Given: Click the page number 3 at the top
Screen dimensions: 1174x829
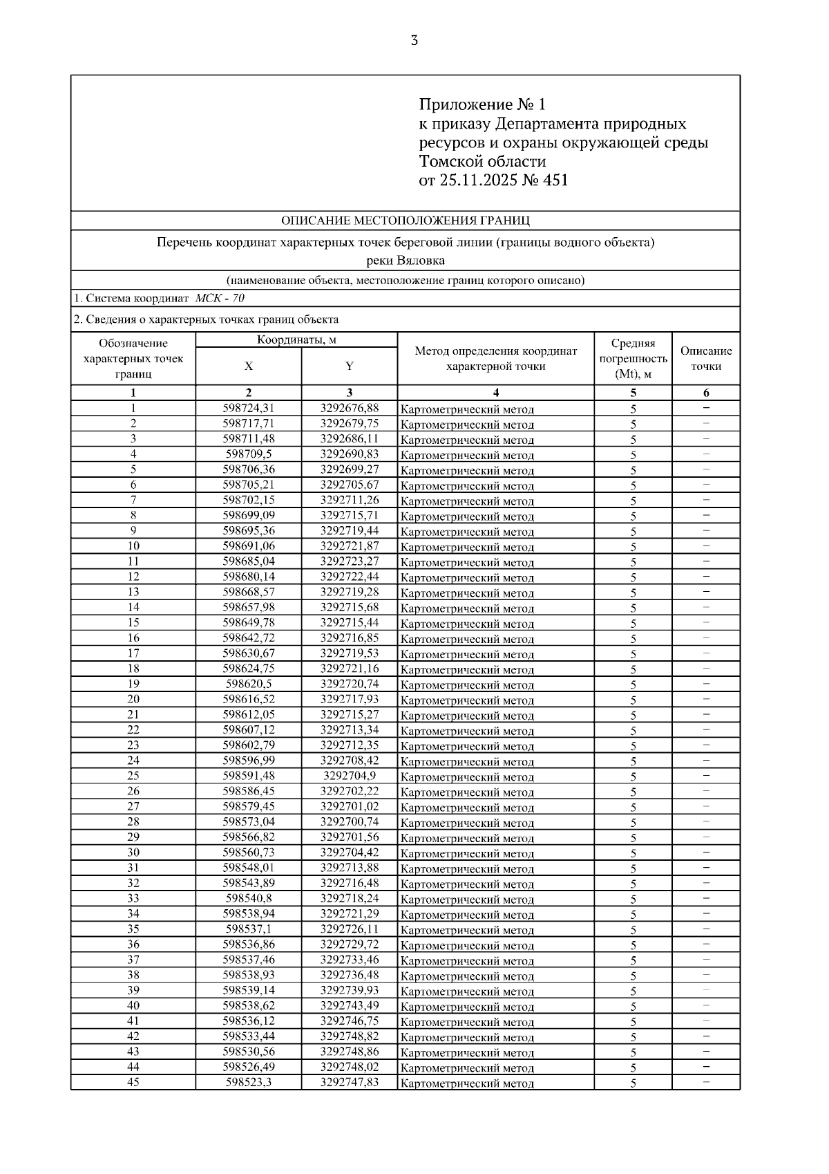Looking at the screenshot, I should click(414, 40).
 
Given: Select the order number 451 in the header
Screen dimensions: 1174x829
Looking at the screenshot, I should click(555, 181).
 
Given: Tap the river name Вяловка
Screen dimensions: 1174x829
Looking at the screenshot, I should click(420, 261).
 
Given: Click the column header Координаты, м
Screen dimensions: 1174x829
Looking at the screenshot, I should click(296, 340).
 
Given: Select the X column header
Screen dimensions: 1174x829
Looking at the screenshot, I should click(249, 366).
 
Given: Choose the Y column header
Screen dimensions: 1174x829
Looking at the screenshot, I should click(350, 366).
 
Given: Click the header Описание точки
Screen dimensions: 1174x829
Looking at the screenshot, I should click(706, 358).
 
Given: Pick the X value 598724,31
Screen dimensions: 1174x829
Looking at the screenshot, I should click(249, 408).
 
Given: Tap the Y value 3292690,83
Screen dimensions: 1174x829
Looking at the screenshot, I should click(350, 454).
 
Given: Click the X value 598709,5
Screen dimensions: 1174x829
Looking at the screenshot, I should click(249, 454).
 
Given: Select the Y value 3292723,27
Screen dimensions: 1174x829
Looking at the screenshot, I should click(350, 561).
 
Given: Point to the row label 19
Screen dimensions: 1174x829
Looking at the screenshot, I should click(133, 684).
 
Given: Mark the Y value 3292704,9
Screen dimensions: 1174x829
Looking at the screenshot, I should click(350, 776).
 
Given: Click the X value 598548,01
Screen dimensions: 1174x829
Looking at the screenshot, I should click(249, 868).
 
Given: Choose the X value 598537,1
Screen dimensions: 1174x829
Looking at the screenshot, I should click(249, 929).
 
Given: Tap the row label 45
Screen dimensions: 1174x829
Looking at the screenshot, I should click(133, 1082).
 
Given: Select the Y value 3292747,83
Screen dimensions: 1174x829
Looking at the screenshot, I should click(350, 1082).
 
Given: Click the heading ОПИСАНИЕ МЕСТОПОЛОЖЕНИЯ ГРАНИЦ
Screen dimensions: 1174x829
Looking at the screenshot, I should click(406, 221).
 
